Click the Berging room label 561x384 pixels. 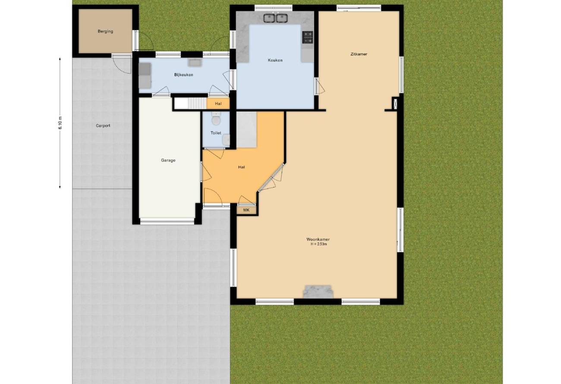105,31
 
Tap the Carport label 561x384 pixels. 103,126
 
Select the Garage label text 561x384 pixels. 168,160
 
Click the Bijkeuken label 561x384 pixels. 183,75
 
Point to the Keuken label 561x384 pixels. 275,60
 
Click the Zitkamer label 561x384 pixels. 359,54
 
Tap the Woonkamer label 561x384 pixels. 318,239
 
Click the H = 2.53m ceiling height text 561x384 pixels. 319,244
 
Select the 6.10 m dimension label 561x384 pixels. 60,123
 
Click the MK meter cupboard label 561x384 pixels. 246,210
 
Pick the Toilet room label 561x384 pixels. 216,133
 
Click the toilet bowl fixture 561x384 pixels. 216,119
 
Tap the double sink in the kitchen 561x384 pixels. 275,18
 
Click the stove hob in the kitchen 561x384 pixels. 308,37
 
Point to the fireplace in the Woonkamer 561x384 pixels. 318,292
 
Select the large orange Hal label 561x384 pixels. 241,167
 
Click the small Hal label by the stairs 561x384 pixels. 218,104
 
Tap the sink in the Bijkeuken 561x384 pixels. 195,63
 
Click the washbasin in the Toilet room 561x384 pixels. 226,140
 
